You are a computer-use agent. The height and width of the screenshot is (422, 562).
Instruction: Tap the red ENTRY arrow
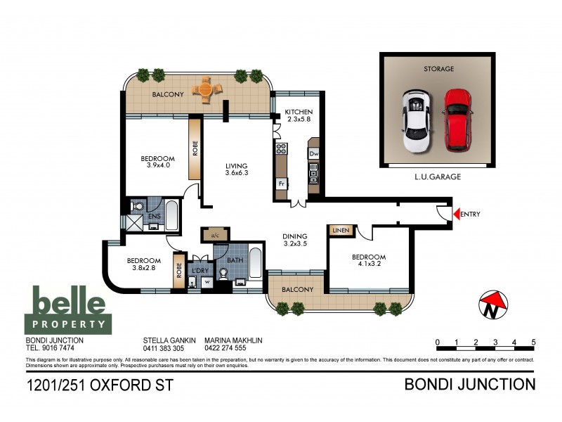click(x=456, y=215)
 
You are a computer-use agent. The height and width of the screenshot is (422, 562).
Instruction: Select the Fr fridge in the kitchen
click(x=281, y=183)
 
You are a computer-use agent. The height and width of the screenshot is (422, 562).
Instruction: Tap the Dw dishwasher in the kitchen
click(x=314, y=153)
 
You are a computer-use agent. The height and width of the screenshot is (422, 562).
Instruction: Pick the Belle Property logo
click(x=68, y=309)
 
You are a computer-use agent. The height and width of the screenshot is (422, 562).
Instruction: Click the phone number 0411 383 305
click(x=163, y=348)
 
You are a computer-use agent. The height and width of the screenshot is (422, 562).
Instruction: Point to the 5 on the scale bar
click(x=533, y=342)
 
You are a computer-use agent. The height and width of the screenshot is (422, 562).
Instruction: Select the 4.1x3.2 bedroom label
click(x=369, y=262)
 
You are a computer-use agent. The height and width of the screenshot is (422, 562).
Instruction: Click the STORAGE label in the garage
click(x=438, y=69)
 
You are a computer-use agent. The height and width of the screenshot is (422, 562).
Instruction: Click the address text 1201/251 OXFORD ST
click(x=99, y=385)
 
